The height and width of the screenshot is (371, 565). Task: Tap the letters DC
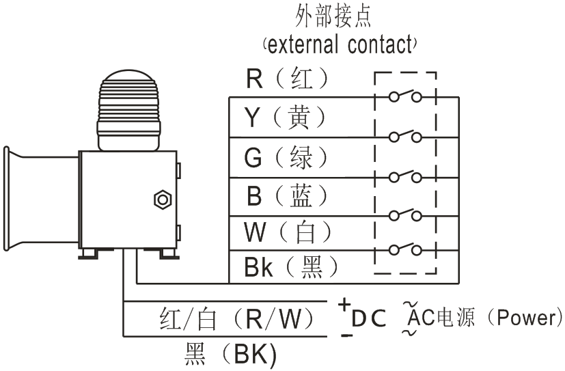pos(369,318)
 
